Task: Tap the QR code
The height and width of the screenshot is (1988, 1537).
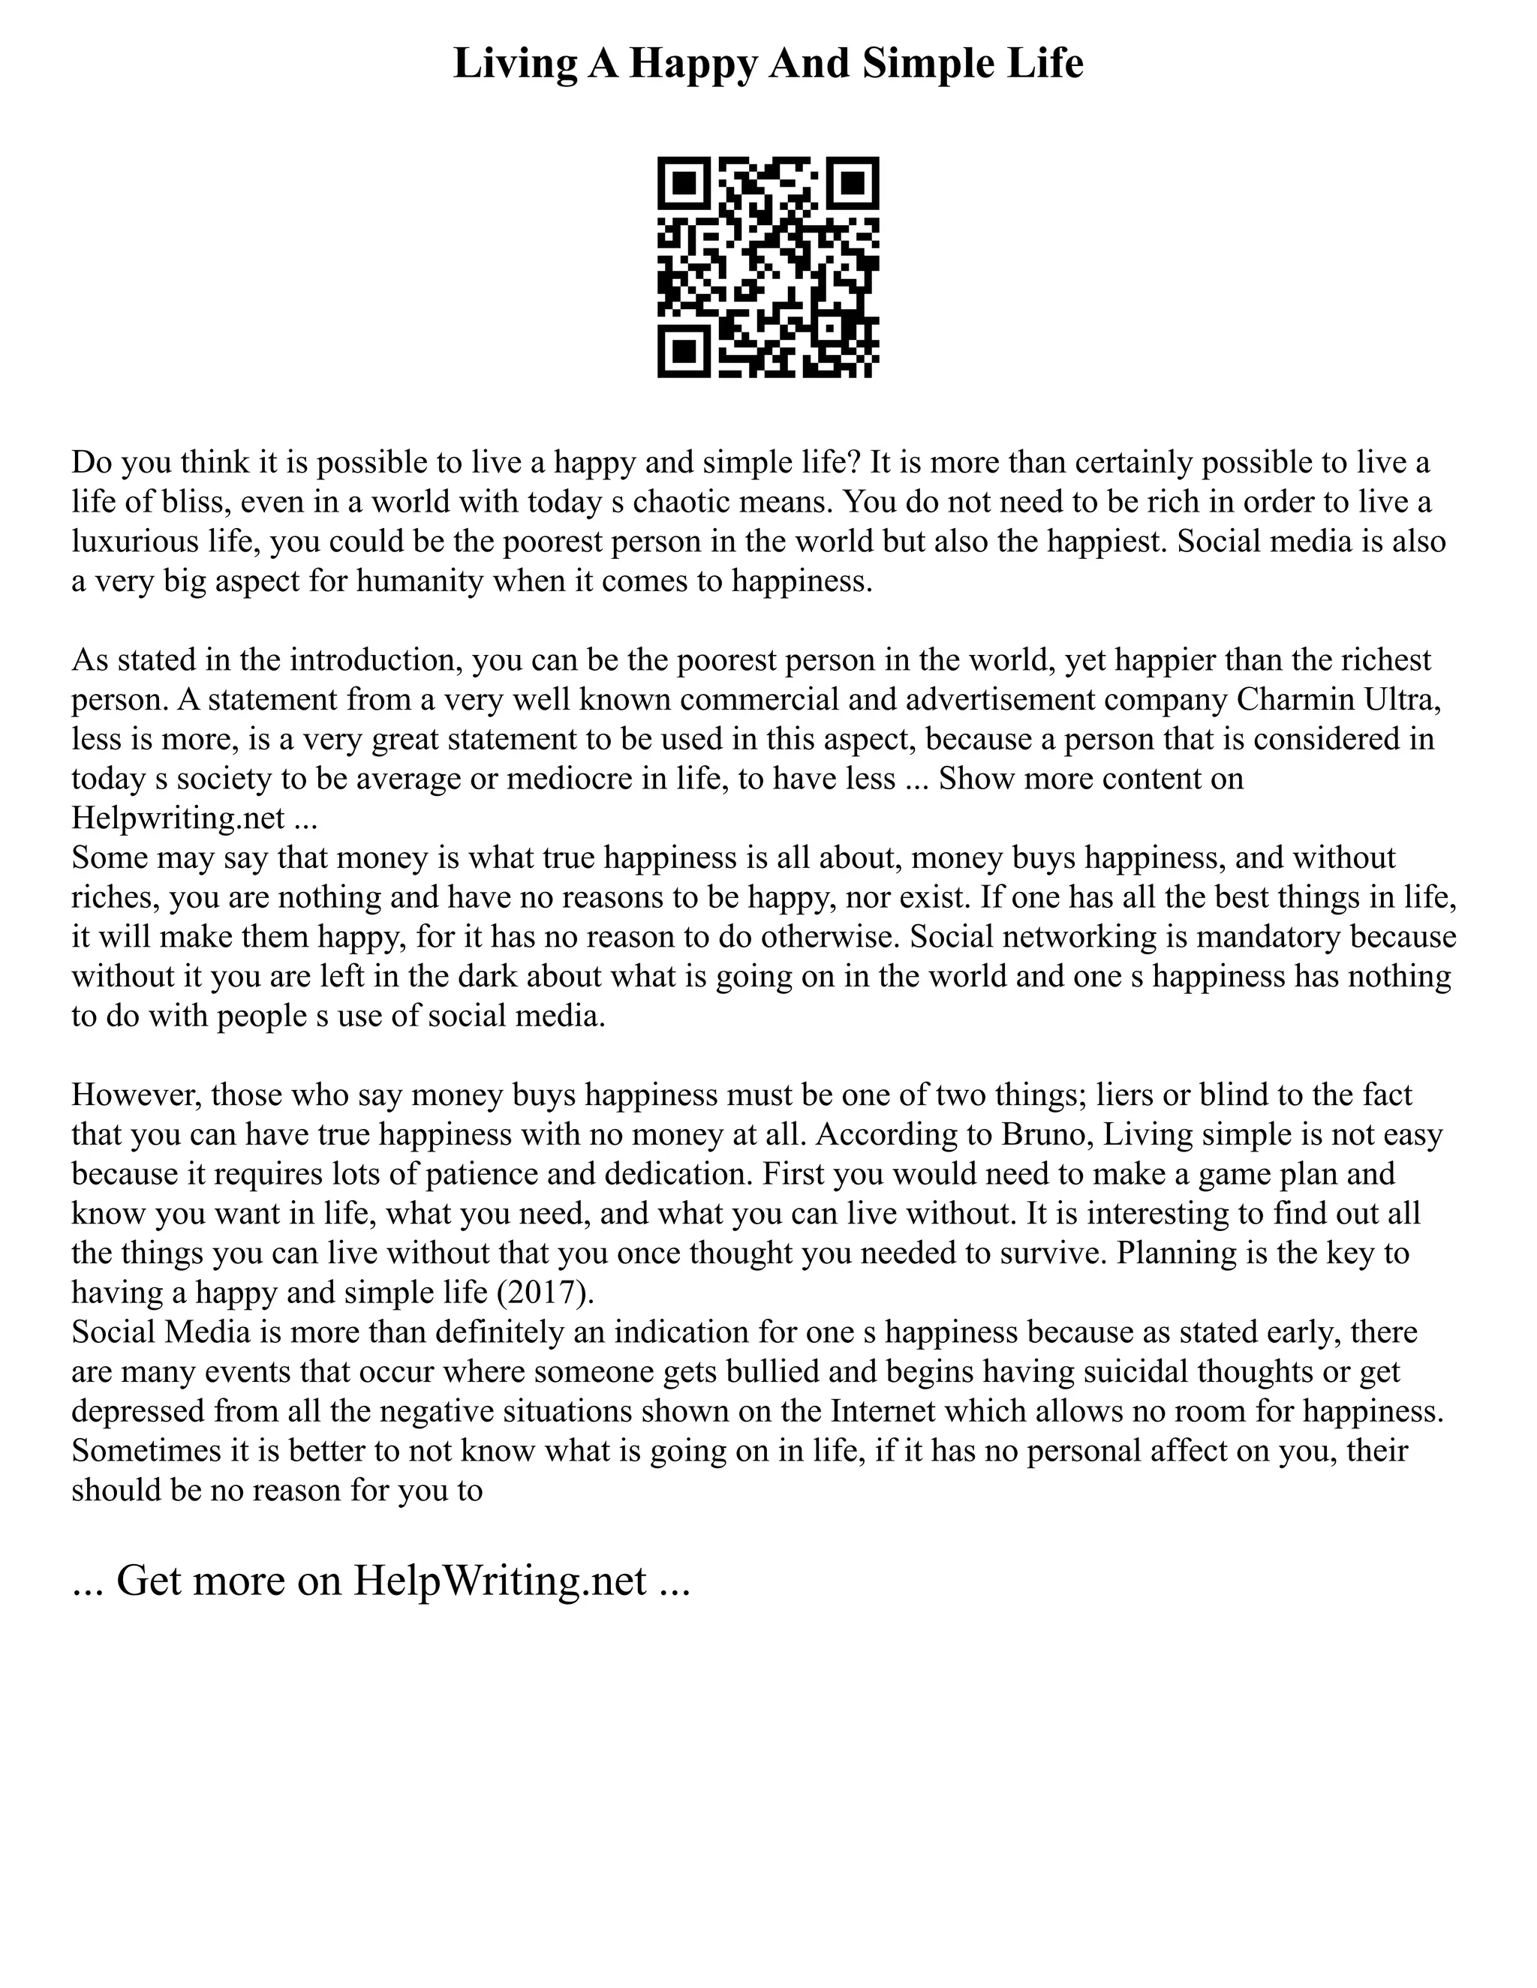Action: point(768,267)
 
